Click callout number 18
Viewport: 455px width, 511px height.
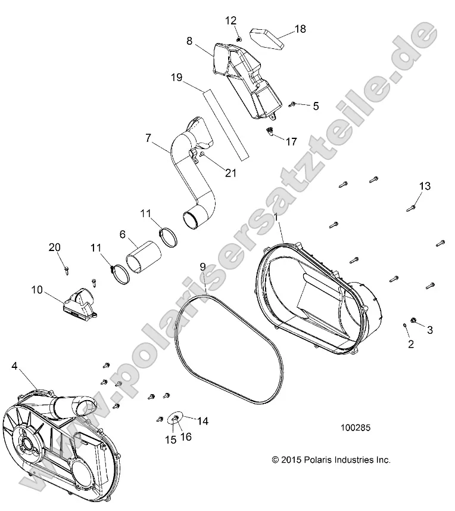(300, 29)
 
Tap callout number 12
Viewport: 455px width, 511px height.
(230, 21)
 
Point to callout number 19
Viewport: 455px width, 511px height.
(176, 78)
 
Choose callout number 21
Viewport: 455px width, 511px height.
(230, 173)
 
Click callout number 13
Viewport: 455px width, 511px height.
(424, 187)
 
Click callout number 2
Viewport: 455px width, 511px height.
(410, 343)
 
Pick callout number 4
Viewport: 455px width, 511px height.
(14, 368)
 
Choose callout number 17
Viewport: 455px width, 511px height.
(291, 141)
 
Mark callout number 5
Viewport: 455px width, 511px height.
(315, 106)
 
